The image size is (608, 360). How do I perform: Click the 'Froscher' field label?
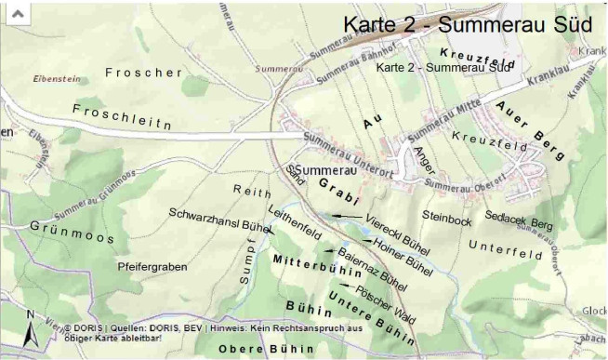[x=142, y=73]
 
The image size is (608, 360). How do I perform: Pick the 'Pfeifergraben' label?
[x=152, y=267]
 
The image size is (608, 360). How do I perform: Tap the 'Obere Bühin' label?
[x=258, y=347]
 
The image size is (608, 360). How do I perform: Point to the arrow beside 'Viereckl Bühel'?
[x=348, y=215]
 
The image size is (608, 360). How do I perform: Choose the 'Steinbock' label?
[x=447, y=220]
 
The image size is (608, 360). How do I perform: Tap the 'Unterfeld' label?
[x=505, y=248]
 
